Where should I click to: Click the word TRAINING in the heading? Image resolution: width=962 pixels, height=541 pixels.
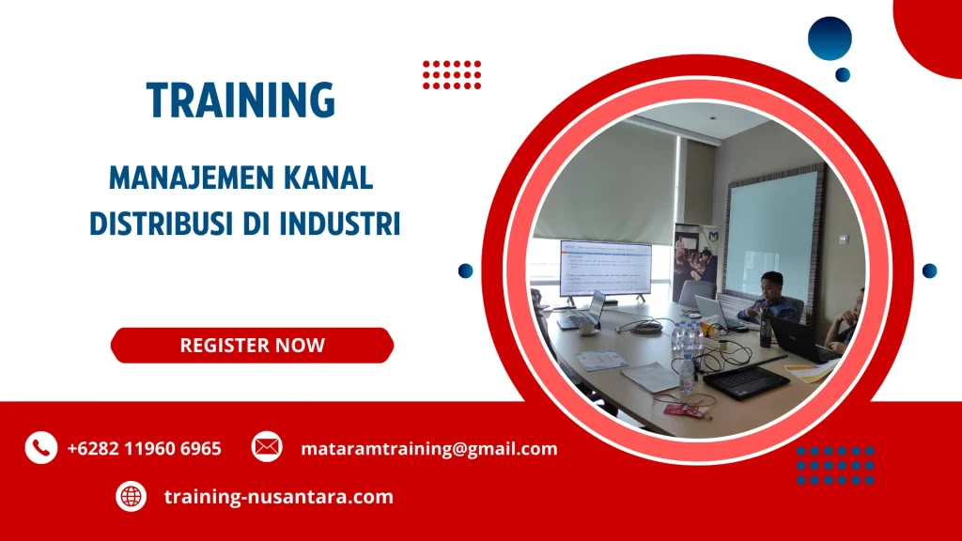click(x=240, y=100)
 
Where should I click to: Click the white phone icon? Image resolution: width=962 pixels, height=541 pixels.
click(x=40, y=448)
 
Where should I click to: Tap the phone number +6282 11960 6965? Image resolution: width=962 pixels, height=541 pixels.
click(x=144, y=448)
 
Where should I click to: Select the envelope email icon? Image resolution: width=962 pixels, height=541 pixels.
click(x=267, y=447)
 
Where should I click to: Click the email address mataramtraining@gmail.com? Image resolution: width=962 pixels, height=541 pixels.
click(x=428, y=448)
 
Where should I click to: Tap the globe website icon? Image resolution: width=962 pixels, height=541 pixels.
click(x=132, y=496)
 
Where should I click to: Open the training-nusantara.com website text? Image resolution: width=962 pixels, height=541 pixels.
click(x=278, y=496)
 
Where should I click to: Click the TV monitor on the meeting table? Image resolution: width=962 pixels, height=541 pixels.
click(x=605, y=270)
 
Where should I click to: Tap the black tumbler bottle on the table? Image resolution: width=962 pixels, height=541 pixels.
click(x=765, y=328)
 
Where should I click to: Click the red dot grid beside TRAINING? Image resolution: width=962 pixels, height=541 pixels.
click(x=452, y=74)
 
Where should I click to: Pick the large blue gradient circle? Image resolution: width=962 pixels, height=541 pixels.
click(x=830, y=39)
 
